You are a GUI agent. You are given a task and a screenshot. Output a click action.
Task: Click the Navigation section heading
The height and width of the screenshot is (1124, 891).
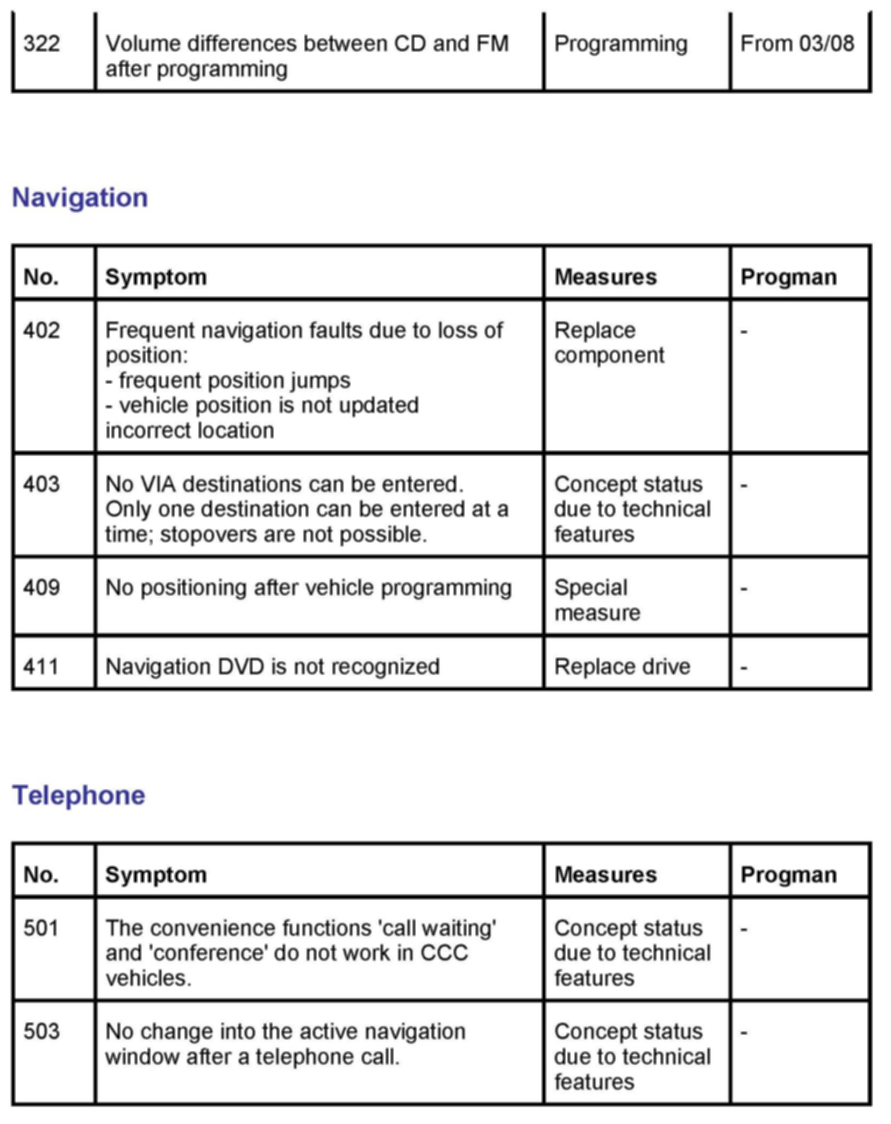click(80, 197)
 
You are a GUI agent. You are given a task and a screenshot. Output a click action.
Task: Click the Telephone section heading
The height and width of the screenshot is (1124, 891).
click(79, 795)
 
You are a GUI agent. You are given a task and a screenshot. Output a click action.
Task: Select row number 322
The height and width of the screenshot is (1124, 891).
click(41, 44)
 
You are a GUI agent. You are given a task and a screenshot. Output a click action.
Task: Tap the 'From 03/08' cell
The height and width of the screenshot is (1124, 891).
click(797, 44)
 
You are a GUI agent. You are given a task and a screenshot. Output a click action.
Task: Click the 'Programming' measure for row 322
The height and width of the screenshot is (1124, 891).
click(621, 44)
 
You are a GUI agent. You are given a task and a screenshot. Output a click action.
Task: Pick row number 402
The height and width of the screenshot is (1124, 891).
click(41, 330)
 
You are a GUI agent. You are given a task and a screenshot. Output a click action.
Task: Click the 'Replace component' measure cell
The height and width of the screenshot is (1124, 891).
click(609, 343)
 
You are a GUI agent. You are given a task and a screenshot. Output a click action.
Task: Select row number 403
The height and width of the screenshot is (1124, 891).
click(41, 484)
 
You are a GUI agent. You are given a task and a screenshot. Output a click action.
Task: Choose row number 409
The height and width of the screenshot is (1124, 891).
click(41, 588)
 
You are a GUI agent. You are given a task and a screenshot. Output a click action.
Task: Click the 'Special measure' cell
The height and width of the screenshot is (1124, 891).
click(597, 600)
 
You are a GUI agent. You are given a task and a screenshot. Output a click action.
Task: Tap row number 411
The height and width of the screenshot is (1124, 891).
click(41, 667)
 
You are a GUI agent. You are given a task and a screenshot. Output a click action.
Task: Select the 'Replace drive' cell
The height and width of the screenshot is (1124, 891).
click(622, 667)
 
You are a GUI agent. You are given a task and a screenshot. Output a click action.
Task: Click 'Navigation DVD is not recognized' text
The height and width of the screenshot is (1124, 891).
click(272, 667)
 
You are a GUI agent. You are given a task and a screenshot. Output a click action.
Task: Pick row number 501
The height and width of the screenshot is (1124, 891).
click(41, 928)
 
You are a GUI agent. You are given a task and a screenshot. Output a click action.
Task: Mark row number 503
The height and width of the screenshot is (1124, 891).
click(41, 1032)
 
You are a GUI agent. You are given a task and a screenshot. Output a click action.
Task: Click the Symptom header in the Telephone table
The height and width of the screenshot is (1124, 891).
click(155, 875)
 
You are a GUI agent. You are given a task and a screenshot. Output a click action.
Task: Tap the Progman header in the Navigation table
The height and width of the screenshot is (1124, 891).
click(788, 277)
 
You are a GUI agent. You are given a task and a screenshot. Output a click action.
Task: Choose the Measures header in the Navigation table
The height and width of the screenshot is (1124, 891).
click(605, 277)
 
